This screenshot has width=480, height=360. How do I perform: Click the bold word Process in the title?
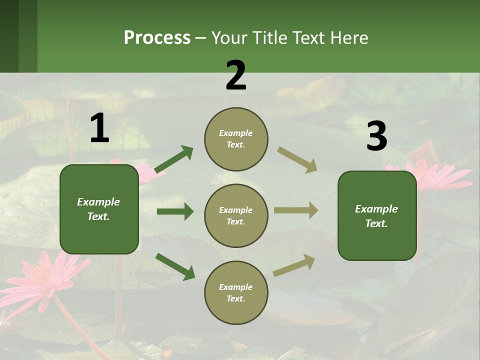157,37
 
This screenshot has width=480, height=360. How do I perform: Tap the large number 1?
99,128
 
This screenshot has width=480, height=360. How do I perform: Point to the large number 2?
236,75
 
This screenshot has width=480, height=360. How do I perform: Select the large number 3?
376,136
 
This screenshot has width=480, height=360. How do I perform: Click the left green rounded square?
99,209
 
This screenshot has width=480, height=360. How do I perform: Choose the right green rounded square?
377,216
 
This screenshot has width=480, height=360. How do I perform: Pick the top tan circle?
236,139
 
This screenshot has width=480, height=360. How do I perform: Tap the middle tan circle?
236,216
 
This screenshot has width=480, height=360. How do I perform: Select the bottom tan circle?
236,293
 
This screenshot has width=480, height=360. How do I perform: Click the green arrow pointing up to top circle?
174,159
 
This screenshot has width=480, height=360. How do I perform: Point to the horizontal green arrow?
175,211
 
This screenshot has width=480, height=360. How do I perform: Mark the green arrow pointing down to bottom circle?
175,266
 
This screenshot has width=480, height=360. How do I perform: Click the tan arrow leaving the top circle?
297,160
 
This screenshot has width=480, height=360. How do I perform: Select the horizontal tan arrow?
296,210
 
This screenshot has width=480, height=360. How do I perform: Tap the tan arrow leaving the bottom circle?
294,265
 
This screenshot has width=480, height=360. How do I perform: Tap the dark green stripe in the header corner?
9,36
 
